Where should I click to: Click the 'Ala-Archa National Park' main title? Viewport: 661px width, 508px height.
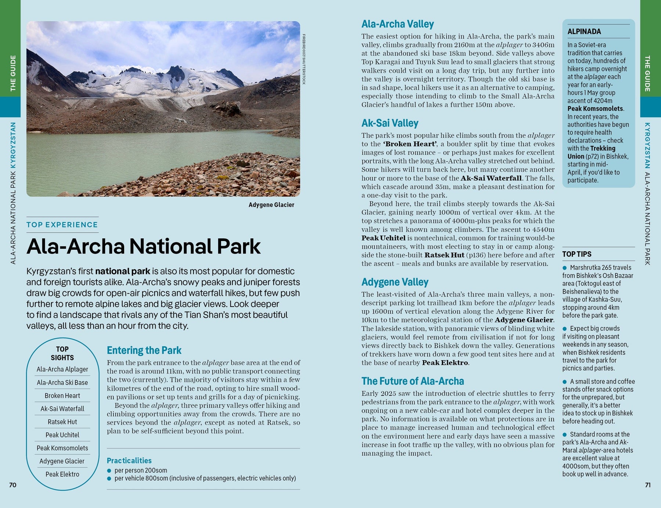click(143, 246)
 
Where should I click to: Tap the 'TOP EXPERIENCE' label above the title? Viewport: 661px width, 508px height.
click(62, 225)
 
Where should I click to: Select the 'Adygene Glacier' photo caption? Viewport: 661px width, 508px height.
click(271, 205)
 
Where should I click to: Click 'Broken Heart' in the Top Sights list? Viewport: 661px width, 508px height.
click(62, 396)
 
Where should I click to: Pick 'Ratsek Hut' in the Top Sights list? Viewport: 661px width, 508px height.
click(62, 422)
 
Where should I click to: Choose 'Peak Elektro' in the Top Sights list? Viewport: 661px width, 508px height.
click(62, 474)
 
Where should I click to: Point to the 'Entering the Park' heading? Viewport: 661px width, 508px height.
click(144, 350)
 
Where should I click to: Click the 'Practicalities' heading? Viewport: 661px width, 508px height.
click(129, 461)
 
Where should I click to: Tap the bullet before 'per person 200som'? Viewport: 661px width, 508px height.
click(109, 471)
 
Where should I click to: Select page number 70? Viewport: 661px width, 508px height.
click(12, 485)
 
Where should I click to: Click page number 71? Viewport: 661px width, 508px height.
click(648, 485)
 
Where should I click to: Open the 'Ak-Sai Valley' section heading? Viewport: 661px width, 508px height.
click(390, 123)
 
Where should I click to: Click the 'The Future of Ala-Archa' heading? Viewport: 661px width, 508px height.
click(412, 381)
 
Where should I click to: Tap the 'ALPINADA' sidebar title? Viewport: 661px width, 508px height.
click(584, 32)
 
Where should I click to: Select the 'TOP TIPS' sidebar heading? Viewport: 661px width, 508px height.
click(577, 254)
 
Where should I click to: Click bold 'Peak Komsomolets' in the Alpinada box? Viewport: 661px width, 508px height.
click(595, 109)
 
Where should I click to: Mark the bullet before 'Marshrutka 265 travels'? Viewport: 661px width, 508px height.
click(565, 268)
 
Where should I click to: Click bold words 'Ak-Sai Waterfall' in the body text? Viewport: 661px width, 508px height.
click(491, 178)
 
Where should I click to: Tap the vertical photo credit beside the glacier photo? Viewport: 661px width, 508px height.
click(304, 59)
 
